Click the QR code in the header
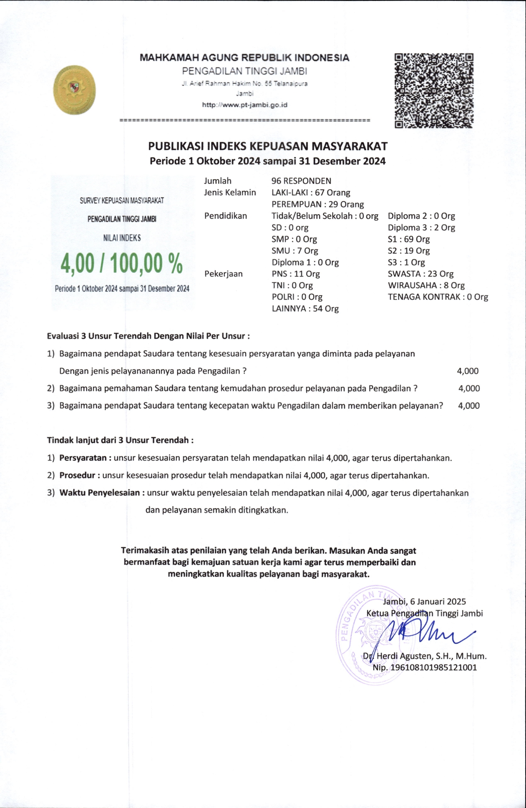pos(434,90)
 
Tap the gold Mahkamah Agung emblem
pos(75,90)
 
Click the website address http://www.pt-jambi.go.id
pos(245,105)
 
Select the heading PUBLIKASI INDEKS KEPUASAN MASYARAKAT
pos(268,146)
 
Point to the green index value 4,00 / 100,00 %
pos(122,264)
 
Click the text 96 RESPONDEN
pos(301,181)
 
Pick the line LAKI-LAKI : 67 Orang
pos(311,192)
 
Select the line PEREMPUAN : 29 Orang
pos(317,204)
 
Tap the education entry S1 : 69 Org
pos(409,239)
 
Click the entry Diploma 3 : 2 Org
pos(421,227)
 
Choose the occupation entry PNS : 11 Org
pos(295,274)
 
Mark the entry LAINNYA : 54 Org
pos(305,308)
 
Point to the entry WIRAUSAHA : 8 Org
pos(426,285)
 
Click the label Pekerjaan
pos(223,274)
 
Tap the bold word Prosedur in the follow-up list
pos(78,476)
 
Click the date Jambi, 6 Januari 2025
pos(424,602)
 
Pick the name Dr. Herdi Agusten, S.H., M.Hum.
pos(425,656)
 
